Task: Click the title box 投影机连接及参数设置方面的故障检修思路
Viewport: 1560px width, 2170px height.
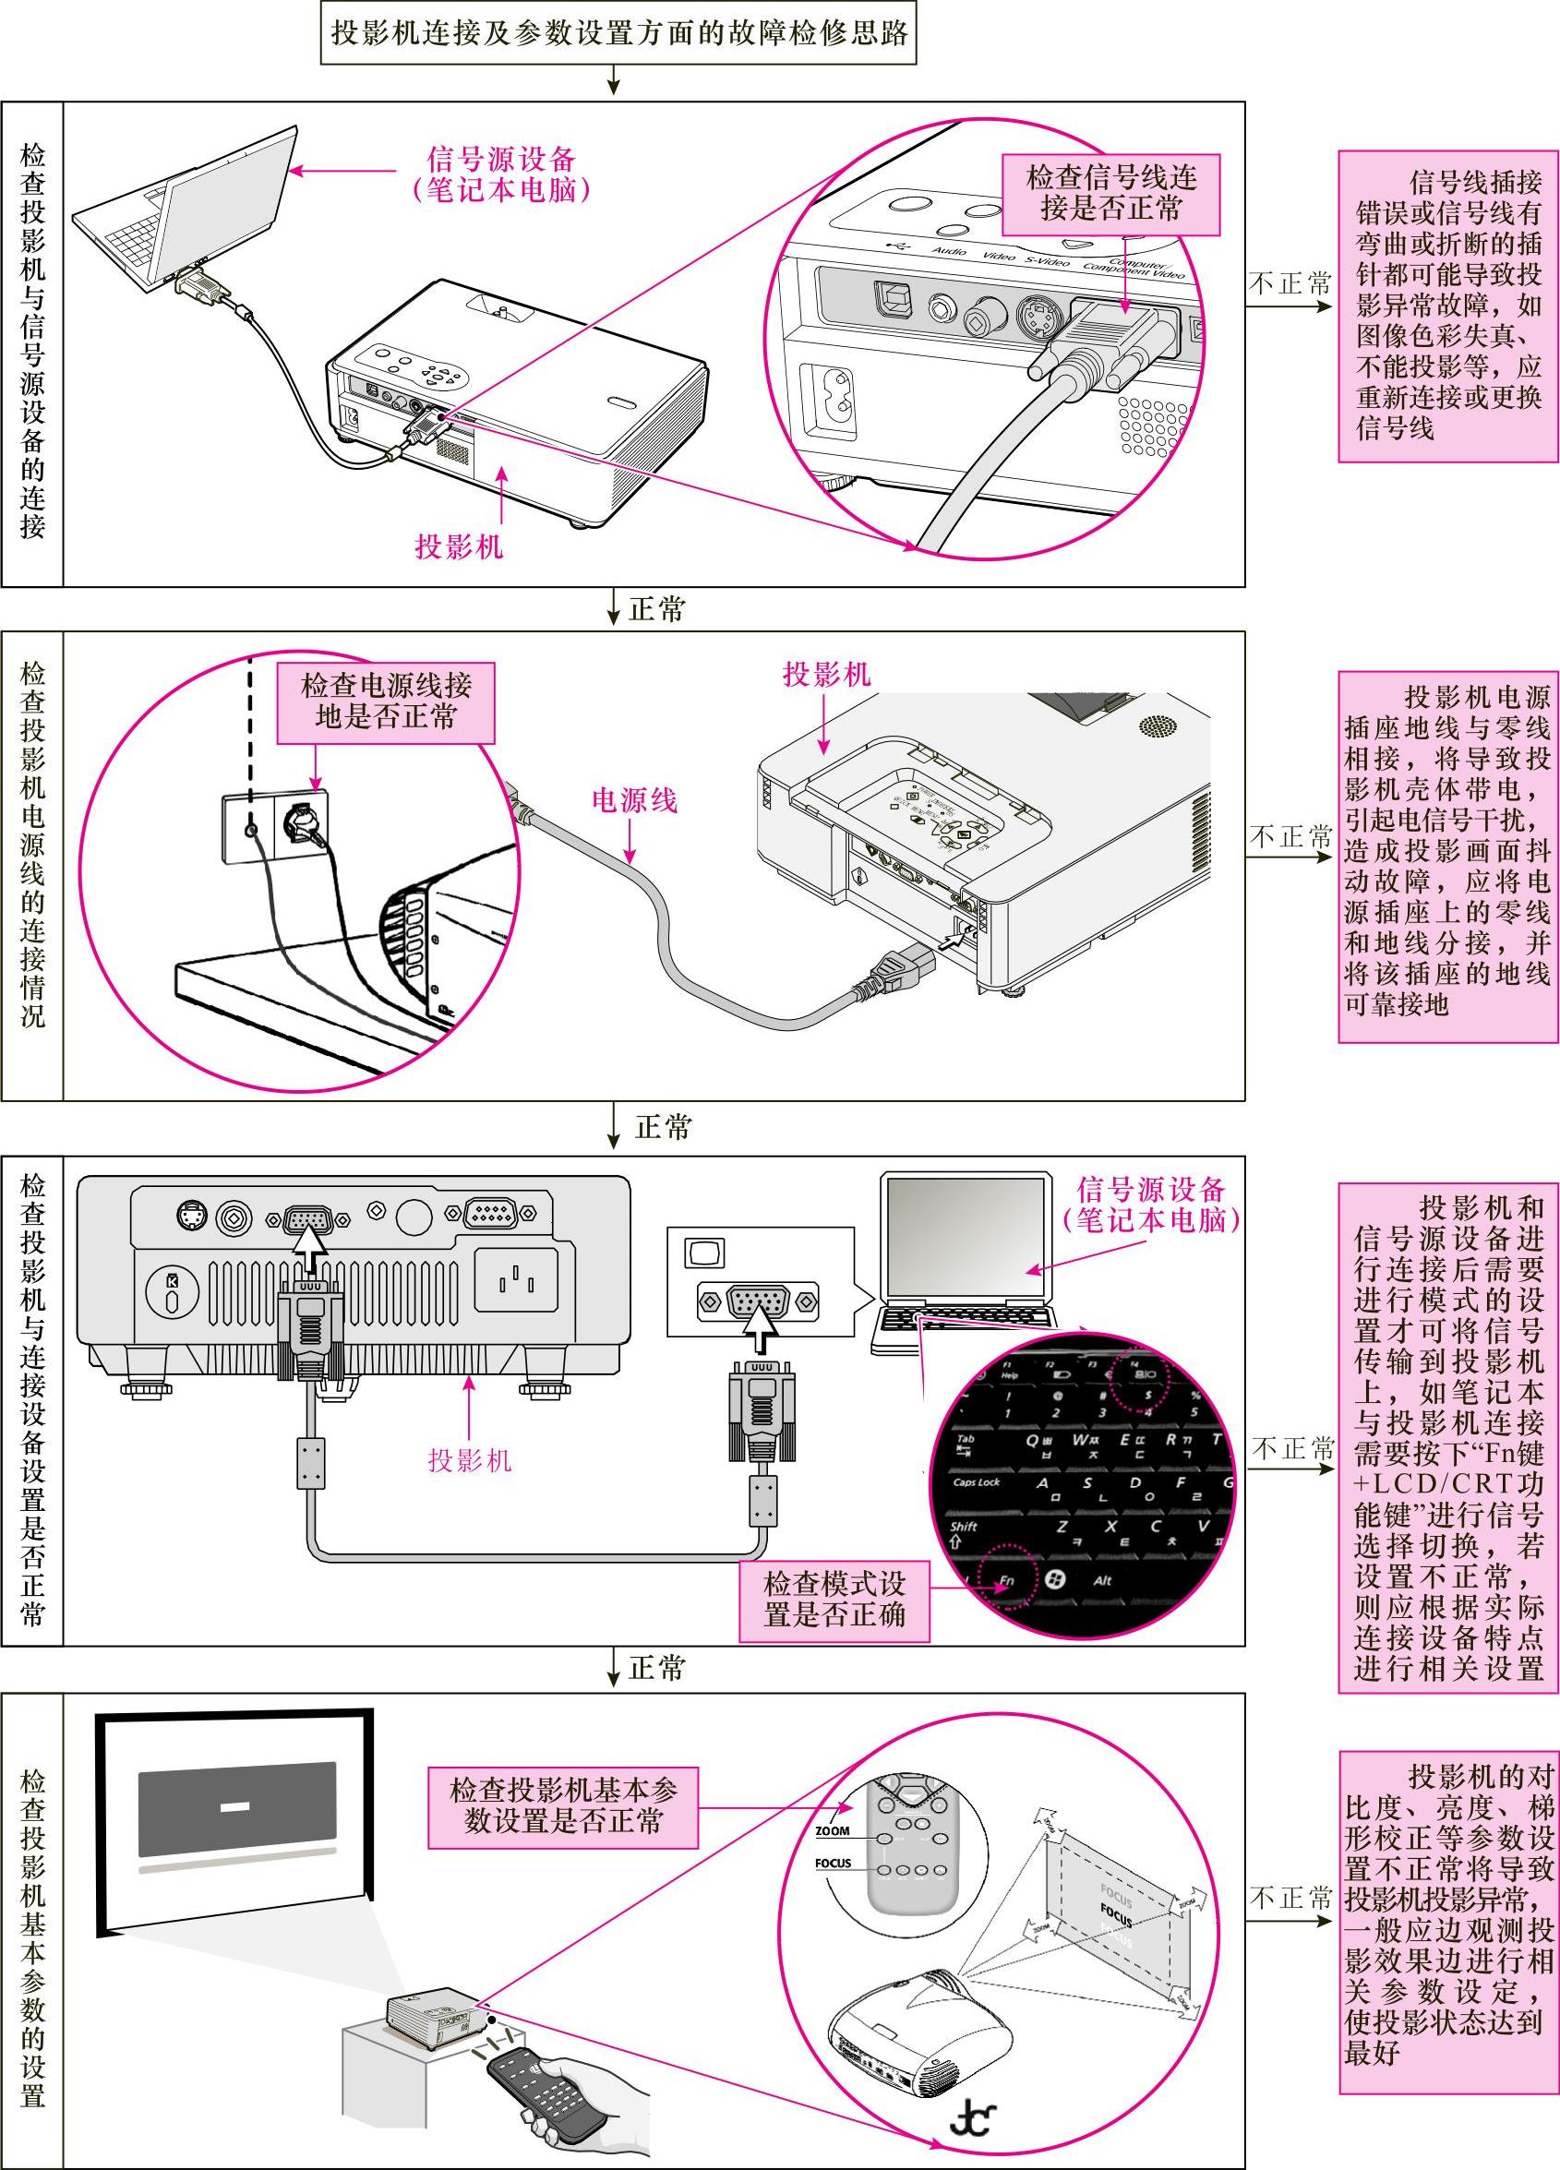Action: coord(618,33)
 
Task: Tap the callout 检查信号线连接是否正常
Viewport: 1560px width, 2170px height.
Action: coord(1110,194)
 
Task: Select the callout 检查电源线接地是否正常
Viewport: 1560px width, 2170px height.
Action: coord(386,702)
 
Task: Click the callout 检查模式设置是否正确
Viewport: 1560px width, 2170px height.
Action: coord(834,1600)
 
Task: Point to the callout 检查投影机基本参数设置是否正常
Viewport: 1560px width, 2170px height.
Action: coord(562,1806)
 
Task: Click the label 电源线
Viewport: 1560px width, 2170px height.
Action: coord(633,800)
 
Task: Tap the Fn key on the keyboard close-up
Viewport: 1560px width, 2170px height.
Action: coord(1007,1581)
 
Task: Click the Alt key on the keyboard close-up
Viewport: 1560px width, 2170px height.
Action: coord(1101,1580)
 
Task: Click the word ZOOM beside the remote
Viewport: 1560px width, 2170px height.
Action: coord(832,1831)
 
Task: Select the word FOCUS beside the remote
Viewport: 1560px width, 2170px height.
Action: coord(833,1863)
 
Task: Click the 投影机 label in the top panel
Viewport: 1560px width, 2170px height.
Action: coord(459,546)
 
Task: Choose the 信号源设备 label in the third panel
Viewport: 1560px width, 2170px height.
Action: coord(1150,1204)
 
